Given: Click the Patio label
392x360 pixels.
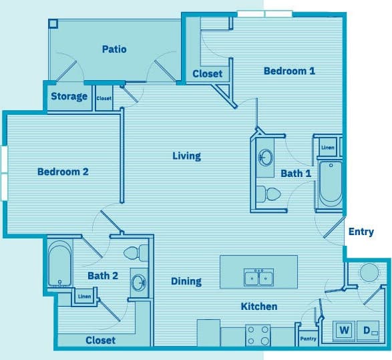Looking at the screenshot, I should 114,49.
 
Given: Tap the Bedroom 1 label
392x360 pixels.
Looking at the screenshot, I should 289,71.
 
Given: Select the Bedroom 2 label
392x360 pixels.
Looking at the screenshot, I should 63,172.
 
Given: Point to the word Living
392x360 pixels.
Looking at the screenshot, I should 186,156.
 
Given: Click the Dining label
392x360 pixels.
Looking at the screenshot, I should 186,281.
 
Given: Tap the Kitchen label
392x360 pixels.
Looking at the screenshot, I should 258,307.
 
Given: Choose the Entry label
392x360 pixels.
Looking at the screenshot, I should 361,232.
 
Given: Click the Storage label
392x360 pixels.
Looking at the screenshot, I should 69,96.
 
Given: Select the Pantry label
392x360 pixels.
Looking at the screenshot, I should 308,339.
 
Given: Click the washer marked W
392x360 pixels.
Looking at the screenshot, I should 345,330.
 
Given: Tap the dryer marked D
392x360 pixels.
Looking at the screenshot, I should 368,330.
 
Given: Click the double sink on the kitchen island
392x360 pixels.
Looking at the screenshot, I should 258,277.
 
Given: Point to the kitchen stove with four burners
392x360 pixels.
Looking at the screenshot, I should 257,335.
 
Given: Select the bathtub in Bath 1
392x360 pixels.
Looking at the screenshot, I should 329,184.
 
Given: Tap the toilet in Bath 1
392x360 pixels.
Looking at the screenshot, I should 270,194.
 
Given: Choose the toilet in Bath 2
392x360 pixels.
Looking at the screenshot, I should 134,253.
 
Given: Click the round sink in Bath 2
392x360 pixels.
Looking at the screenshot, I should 140,281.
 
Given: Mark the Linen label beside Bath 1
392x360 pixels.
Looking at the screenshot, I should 327,147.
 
